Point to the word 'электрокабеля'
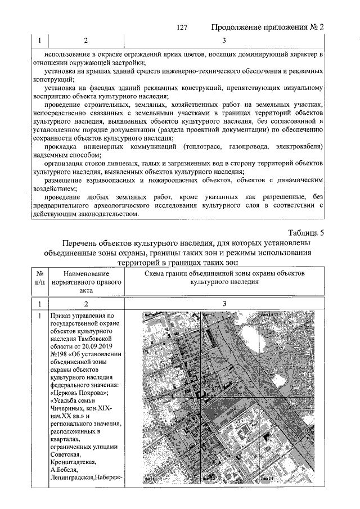[x=297, y=146]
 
